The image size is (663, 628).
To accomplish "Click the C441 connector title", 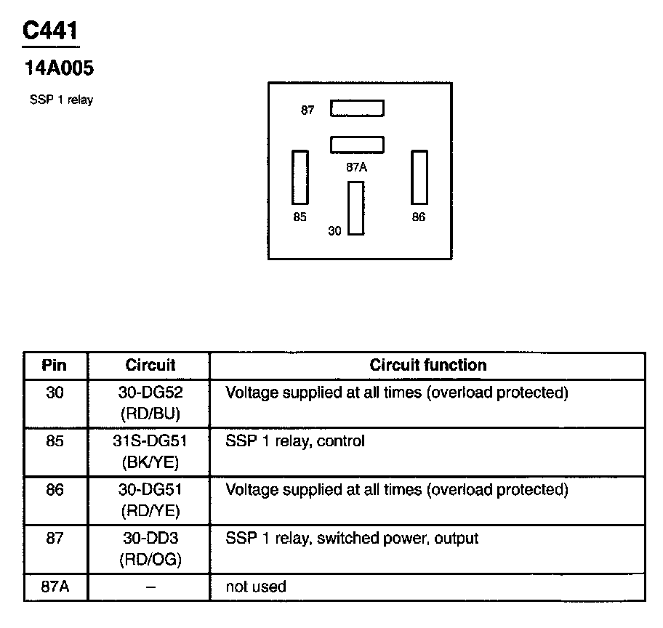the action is point(51,31).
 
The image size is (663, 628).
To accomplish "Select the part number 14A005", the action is point(60,69).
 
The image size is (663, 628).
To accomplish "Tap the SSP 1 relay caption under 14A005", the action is point(61,100).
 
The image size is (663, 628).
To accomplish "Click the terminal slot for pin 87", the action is point(357,108).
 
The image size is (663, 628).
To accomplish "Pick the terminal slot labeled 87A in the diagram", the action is point(357,145).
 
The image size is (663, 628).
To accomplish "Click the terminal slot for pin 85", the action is point(300,177).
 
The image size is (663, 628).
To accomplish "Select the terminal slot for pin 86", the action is point(419,177).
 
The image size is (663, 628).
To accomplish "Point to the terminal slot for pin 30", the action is point(355,208).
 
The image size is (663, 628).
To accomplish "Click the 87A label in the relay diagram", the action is point(356,167).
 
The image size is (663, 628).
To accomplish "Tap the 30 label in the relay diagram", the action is point(334,231).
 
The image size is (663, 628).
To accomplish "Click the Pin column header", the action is point(55,365).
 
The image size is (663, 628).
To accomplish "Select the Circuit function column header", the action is point(427,365).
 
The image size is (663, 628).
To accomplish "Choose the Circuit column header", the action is point(150,365).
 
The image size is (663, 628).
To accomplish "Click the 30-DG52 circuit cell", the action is point(150,403).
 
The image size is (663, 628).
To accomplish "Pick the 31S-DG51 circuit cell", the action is point(150,451).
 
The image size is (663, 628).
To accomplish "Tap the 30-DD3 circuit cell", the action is point(150,549).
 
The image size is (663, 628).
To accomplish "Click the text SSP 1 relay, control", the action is point(295,441).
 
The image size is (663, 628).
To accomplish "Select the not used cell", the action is point(256,587).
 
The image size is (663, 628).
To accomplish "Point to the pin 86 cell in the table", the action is point(55,490).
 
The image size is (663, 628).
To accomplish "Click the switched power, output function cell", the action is point(352,539).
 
